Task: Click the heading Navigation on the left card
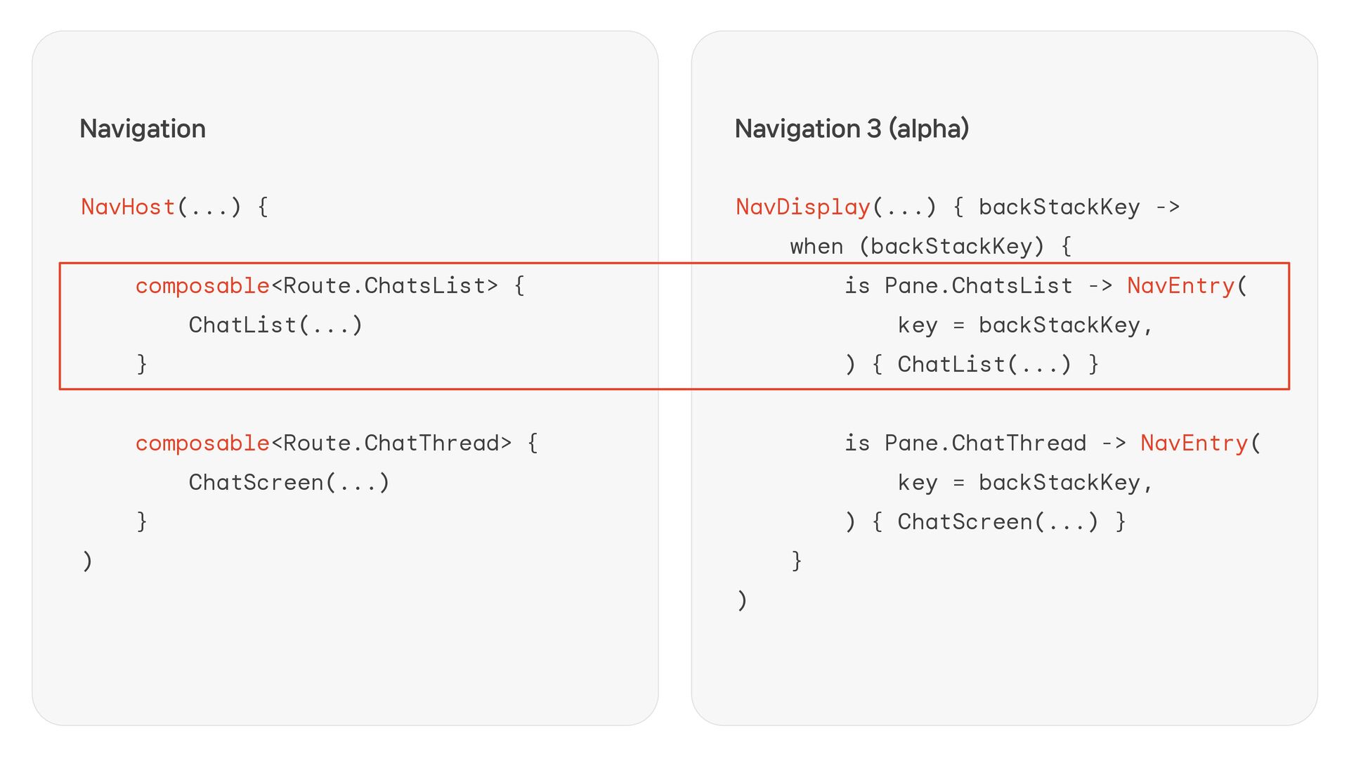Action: pyautogui.click(x=143, y=129)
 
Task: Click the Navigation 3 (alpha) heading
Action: pyautogui.click(x=852, y=129)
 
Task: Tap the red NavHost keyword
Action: pyautogui.click(x=128, y=207)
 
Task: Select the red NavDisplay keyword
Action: pyautogui.click(x=802, y=207)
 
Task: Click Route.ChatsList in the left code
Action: pyautogui.click(x=384, y=285)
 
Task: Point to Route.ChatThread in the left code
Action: pyautogui.click(x=391, y=443)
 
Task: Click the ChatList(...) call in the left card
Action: pyautogui.click(x=275, y=325)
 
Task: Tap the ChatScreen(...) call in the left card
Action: pyautogui.click(x=289, y=482)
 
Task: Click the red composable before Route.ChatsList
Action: pyautogui.click(x=202, y=285)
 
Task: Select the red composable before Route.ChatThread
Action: pyautogui.click(x=202, y=443)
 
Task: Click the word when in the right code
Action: pyautogui.click(x=816, y=246)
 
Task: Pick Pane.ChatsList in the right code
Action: pyautogui.click(x=978, y=285)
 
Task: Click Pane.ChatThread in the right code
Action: pyautogui.click(x=985, y=443)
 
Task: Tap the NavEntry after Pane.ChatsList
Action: pyautogui.click(x=1180, y=285)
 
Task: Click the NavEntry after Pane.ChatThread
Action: pyautogui.click(x=1194, y=443)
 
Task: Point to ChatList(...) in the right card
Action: pyautogui.click(x=984, y=364)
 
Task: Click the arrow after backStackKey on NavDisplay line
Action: pyautogui.click(x=1168, y=207)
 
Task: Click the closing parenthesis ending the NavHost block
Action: pyautogui.click(x=87, y=561)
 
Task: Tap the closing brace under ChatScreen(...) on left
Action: pyautogui.click(x=141, y=521)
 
